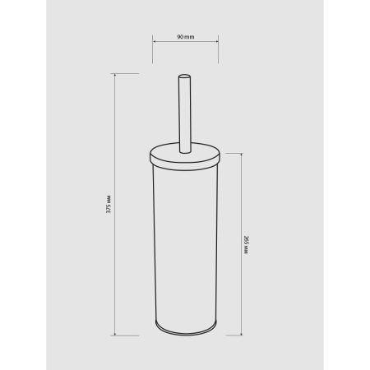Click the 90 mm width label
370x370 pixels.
point(186,37)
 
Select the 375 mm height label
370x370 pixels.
point(109,204)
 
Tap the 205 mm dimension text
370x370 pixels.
point(246,245)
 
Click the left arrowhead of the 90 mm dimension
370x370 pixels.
point(154,42)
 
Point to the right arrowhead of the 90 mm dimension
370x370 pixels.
point(217,42)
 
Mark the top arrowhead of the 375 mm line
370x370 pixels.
point(114,75)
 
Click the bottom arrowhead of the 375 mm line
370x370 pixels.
point(114,334)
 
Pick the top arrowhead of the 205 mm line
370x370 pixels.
point(241,155)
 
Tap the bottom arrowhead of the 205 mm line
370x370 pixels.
point(241,334)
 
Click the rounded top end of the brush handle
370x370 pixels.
point(184,76)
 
